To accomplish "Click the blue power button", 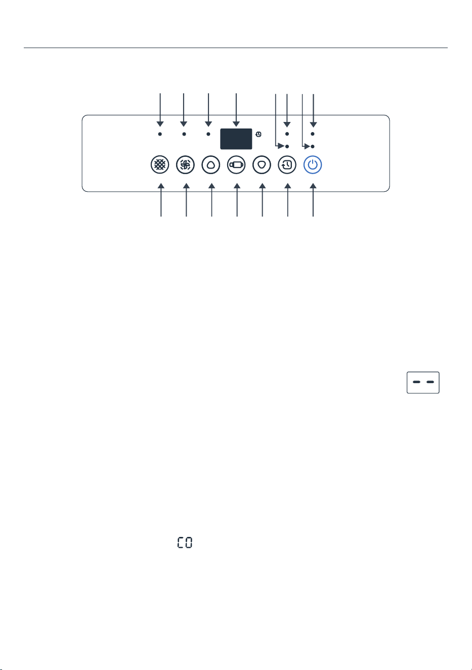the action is tap(313, 165).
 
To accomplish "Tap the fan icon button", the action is tap(185, 165).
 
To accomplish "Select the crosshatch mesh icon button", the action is tap(160, 165).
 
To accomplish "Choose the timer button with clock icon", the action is tap(287, 165).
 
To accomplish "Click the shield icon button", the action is tap(262, 165).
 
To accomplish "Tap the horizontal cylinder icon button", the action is tap(236, 165).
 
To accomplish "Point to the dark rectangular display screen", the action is tap(236, 139).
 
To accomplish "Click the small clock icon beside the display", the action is tap(259, 134).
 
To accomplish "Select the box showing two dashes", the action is tap(423, 382).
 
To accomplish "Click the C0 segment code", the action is tap(185, 542).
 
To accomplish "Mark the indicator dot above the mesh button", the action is tap(160, 134).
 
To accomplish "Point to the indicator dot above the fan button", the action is tap(184, 134).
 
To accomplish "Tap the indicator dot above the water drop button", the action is tap(208, 134).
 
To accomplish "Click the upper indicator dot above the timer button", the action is tap(287, 134).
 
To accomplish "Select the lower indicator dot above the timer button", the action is tap(287, 146).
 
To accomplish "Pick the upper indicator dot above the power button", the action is tap(313, 134).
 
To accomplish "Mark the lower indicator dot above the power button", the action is tap(313, 146).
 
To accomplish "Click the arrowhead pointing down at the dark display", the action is tap(236, 124).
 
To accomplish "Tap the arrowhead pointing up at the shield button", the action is tap(263, 186).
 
